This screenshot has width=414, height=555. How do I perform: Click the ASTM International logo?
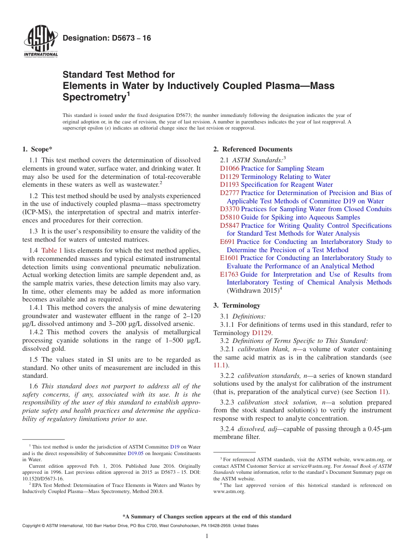tap(40, 42)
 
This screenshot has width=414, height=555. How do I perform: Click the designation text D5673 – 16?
tap(107, 38)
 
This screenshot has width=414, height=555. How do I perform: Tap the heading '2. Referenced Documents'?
tap(253, 149)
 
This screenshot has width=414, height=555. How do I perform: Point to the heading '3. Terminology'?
tap(237, 305)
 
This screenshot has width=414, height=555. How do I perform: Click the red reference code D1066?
tap(229, 168)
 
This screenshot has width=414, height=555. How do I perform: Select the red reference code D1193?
tap(229, 185)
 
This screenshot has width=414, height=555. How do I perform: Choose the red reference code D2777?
tap(229, 193)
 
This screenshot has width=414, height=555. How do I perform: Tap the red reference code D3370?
tap(229, 209)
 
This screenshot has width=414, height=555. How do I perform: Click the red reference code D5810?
tap(229, 217)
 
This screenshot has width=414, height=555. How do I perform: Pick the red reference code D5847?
tap(229, 226)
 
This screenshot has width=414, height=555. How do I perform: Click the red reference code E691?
tap(227, 242)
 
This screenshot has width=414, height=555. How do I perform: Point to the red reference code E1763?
tap(229, 274)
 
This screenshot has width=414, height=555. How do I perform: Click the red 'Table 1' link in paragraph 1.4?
tap(51, 250)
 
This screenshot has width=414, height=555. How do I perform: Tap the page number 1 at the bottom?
tap(207, 536)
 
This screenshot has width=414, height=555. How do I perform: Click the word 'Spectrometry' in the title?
tap(94, 97)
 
